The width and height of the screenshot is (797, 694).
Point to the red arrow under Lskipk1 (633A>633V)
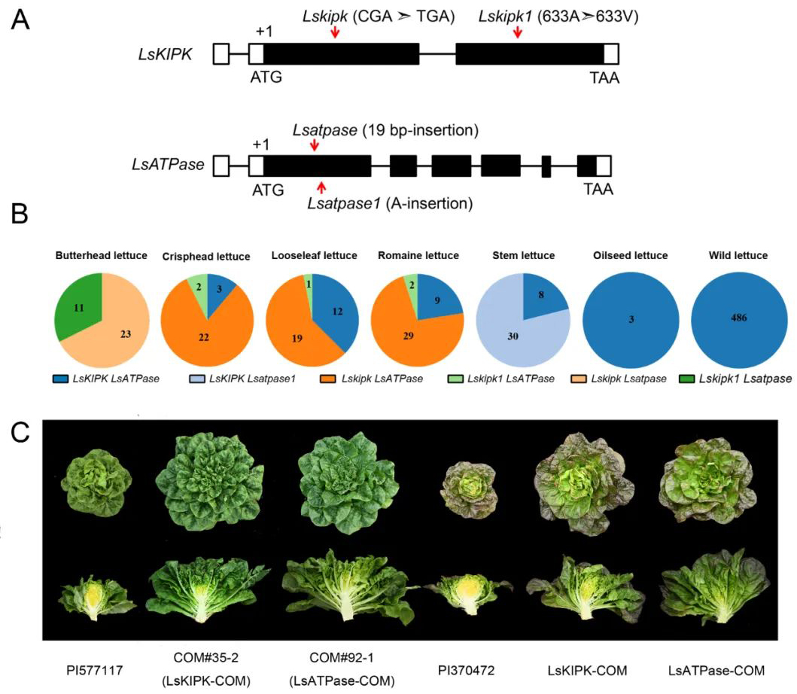pos(518,31)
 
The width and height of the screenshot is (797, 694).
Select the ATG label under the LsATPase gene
pos(268,190)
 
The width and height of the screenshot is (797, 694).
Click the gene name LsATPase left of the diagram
pos(169,163)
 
